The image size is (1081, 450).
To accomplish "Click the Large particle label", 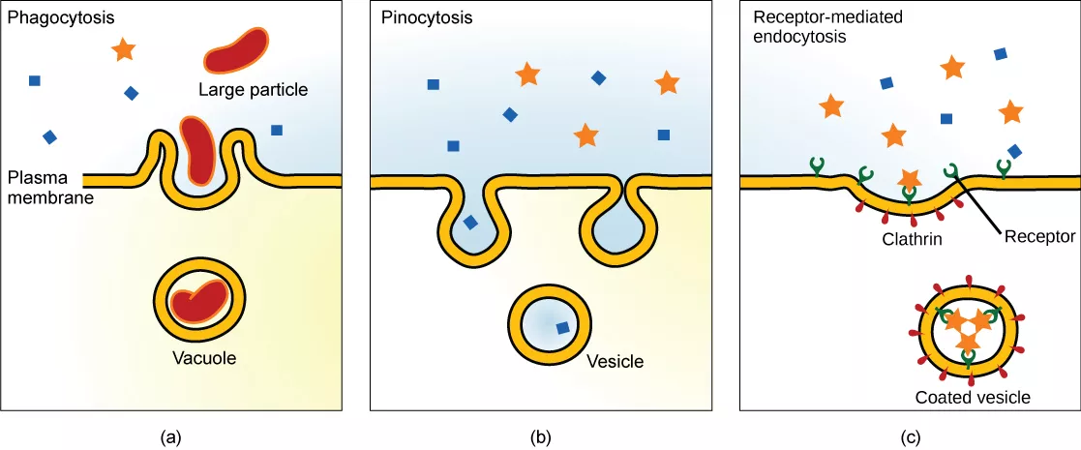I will click(253, 90).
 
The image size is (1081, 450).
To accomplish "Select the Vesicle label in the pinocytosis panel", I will click(615, 363).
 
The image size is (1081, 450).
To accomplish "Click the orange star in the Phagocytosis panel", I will click(123, 48).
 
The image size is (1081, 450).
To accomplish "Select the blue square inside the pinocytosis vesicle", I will click(562, 328).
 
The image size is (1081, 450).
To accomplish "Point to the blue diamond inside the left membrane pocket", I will click(470, 223).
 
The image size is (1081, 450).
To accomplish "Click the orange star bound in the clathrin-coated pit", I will click(909, 179).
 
